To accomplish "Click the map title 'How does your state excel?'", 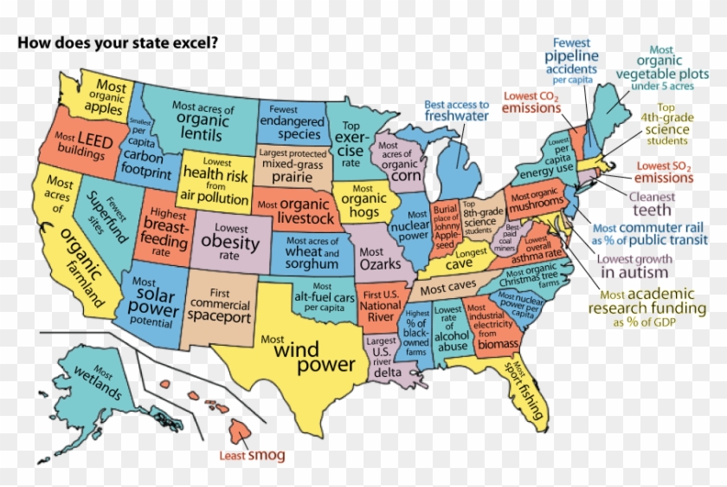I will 119,42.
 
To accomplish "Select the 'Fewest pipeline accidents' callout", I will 570,57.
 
